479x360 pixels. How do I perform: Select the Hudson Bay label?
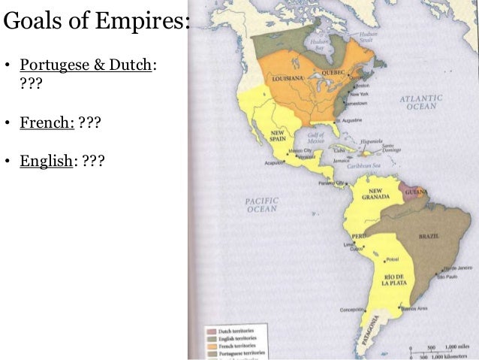(324, 47)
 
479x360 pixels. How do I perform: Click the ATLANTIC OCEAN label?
(421, 102)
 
